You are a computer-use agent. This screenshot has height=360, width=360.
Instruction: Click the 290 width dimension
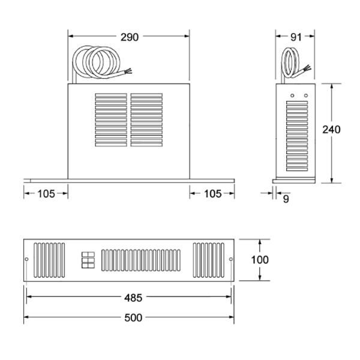(129, 37)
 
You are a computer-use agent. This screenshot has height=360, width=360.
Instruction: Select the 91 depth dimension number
(295, 37)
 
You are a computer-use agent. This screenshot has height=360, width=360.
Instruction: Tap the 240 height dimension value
(331, 130)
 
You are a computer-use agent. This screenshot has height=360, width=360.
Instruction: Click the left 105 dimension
(46, 193)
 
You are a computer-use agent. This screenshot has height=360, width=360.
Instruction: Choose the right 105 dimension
(212, 193)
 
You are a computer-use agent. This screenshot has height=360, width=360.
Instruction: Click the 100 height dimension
(260, 260)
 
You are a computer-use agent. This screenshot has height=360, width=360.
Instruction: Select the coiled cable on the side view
(293, 63)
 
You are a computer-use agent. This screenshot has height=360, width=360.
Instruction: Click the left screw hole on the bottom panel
(26, 259)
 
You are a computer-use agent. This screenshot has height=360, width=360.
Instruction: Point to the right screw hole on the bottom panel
(231, 259)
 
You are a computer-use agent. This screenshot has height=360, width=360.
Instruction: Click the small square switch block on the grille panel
(88, 259)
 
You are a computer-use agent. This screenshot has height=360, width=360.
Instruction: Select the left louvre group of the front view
(111, 120)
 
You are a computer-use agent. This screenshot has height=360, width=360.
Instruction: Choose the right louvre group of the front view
(146, 120)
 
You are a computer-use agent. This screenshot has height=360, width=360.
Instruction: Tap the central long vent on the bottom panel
(140, 259)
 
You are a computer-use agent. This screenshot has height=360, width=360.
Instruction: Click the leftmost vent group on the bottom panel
(49, 259)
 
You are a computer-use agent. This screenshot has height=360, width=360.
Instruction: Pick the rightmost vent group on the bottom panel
(208, 259)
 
